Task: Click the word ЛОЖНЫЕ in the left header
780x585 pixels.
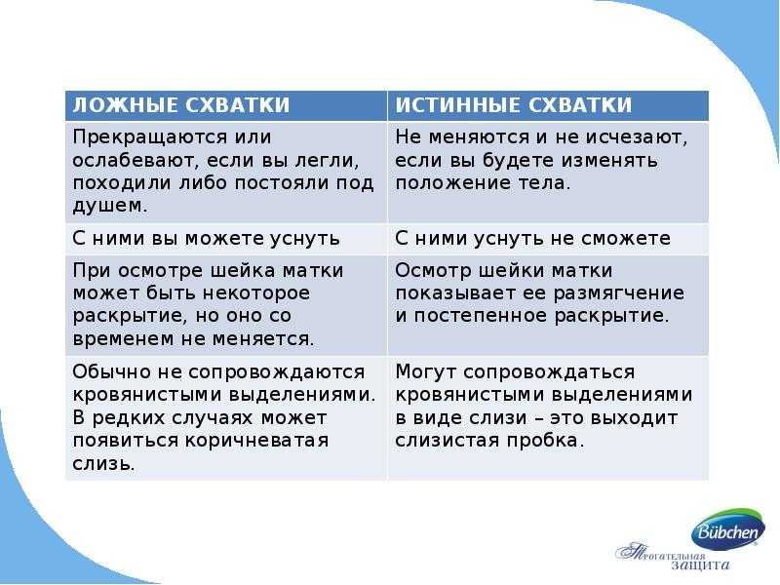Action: pyautogui.click(x=126, y=105)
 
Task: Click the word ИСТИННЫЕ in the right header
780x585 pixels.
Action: pyautogui.click(x=458, y=105)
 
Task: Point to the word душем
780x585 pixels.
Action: pyautogui.click(x=110, y=206)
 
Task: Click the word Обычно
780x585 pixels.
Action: pyautogui.click(x=112, y=372)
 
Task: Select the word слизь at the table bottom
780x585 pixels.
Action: pyautogui.click(x=104, y=464)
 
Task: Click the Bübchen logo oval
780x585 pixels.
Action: pyautogui.click(x=728, y=529)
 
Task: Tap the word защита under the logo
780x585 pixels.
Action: pyautogui.click(x=699, y=565)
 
